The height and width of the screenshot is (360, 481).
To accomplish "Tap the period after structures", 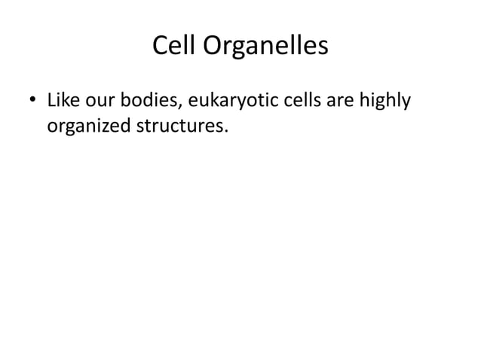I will (225, 129).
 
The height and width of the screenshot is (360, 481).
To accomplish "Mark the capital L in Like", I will (51, 99).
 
